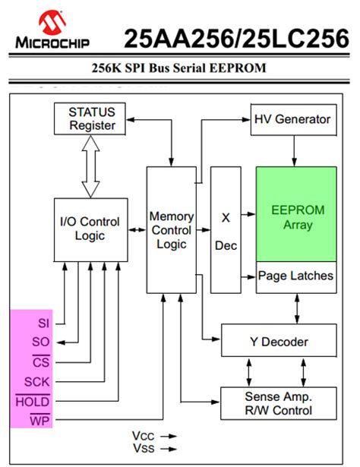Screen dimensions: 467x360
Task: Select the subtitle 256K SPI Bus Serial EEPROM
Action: [x=180, y=68]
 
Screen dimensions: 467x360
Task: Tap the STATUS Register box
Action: [x=92, y=118]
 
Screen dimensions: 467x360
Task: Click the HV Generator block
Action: [x=292, y=120]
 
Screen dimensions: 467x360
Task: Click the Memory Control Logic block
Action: [x=172, y=230]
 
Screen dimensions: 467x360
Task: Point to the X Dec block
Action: [x=225, y=230]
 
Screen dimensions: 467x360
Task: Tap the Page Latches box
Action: [x=296, y=276]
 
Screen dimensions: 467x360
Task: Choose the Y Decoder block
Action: [x=279, y=342]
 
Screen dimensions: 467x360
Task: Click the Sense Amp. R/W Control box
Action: [x=279, y=404]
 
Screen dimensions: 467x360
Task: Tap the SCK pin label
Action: [x=38, y=381]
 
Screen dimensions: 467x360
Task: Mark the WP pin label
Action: [x=40, y=419]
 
